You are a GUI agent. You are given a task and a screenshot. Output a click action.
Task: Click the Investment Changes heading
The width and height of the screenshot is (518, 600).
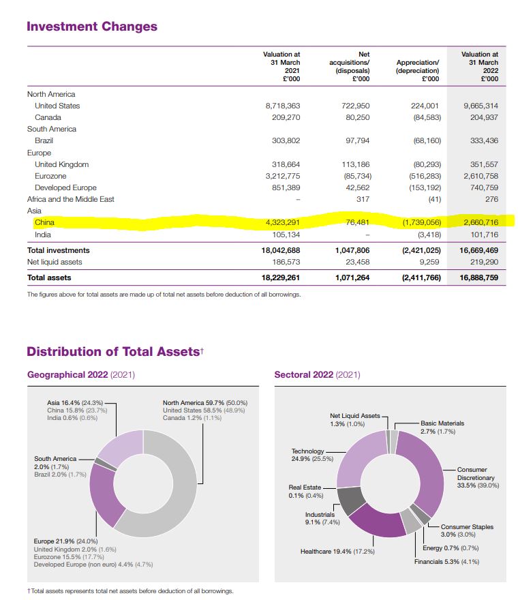pyautogui.click(x=92, y=27)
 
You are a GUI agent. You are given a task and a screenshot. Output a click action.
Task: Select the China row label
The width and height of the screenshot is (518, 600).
pyautogui.click(x=44, y=222)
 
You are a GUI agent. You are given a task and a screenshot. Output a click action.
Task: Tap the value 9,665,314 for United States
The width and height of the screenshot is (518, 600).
pyautogui.click(x=481, y=106)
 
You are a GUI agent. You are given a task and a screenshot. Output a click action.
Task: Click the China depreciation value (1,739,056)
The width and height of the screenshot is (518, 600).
pyautogui.click(x=418, y=222)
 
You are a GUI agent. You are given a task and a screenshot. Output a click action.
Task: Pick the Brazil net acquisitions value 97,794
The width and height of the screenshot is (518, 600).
pyautogui.click(x=354, y=140)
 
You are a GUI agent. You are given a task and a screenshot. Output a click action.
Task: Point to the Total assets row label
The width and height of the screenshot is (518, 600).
pyautogui.click(x=49, y=277)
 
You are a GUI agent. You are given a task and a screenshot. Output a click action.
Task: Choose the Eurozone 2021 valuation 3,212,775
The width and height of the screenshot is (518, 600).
pyautogui.click(x=281, y=176)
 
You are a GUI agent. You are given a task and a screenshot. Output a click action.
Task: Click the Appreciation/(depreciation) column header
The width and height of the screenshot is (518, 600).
pyautogui.click(x=418, y=66)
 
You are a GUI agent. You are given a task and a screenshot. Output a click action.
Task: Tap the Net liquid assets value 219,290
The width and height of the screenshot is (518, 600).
pyautogui.click(x=483, y=262)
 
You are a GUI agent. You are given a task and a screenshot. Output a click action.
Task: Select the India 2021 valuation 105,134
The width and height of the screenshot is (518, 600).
pyautogui.click(x=286, y=235)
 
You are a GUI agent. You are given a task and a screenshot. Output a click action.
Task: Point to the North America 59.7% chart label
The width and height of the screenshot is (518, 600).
pyautogui.click(x=204, y=402)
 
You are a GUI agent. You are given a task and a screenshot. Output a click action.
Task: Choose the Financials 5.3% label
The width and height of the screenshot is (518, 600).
pyautogui.click(x=446, y=562)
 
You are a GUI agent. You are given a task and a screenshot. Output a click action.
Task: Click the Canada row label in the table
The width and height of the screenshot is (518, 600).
pyautogui.click(x=48, y=117)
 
